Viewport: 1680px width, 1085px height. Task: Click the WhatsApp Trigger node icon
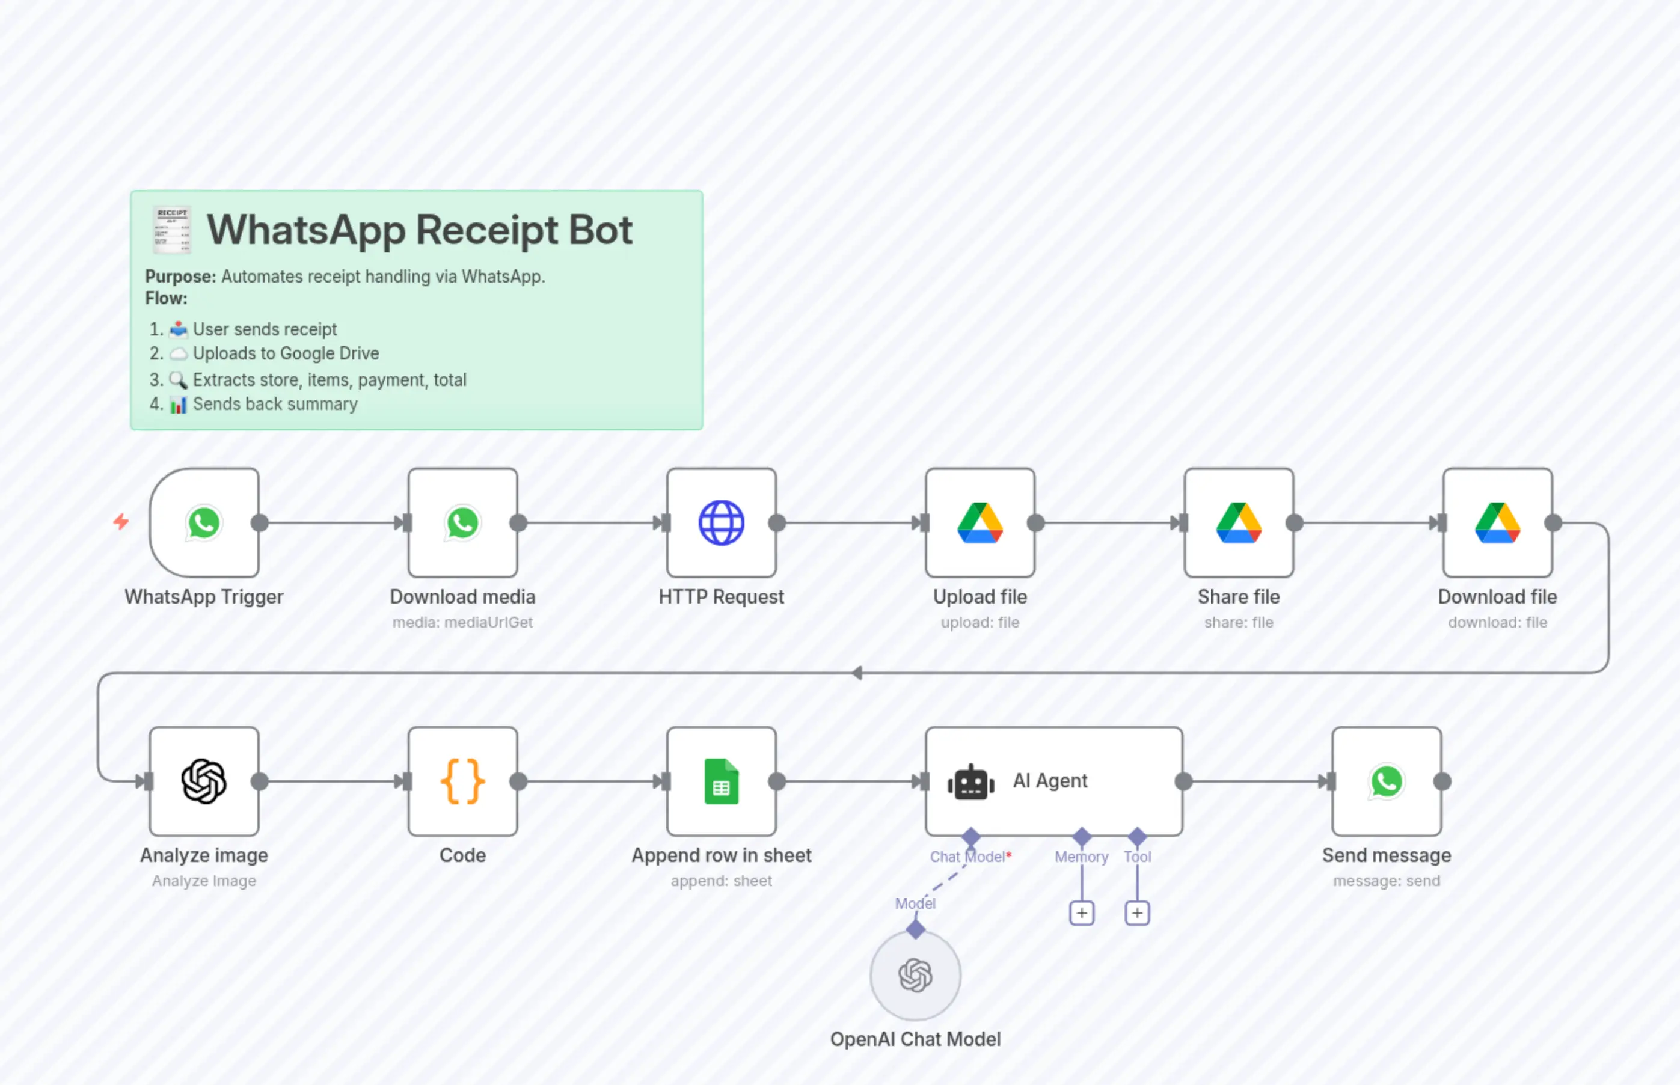204,523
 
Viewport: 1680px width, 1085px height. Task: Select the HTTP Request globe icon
721,523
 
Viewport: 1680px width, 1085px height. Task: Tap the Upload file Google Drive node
979,523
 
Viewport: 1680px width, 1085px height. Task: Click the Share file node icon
1238,523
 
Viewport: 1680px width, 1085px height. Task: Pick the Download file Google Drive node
1497,523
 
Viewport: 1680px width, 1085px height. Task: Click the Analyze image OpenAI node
204,781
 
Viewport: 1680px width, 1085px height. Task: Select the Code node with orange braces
462,781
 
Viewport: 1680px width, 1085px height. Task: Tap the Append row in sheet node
721,781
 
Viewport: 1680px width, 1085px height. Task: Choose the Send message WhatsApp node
1386,781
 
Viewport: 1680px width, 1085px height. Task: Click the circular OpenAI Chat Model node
915,975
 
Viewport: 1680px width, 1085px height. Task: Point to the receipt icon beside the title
172,230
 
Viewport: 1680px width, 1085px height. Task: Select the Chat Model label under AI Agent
967,857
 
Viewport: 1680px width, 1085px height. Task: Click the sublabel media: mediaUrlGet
462,622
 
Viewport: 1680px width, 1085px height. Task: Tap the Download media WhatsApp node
462,523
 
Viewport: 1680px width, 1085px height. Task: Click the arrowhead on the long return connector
857,673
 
